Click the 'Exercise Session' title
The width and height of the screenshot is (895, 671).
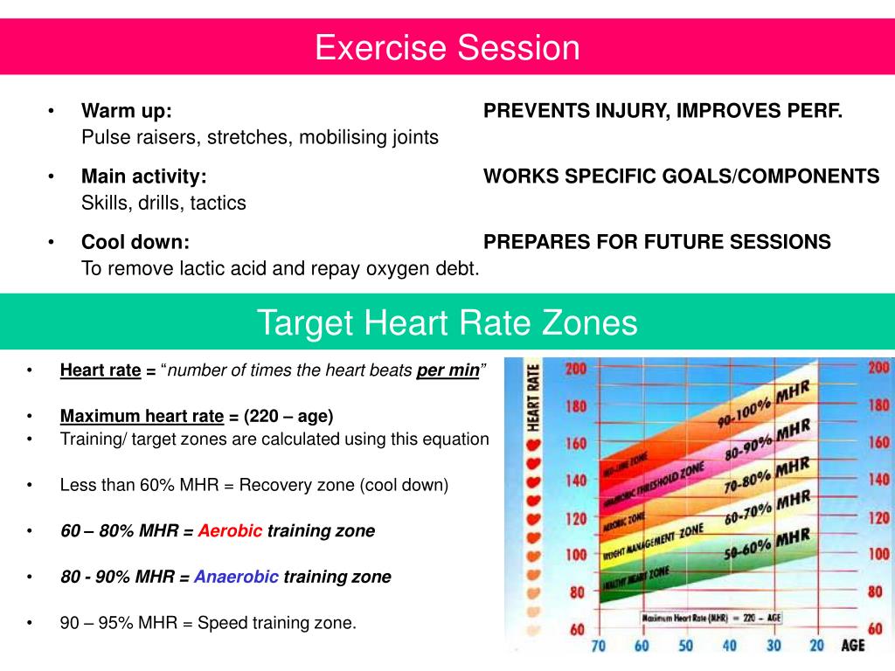[x=447, y=47]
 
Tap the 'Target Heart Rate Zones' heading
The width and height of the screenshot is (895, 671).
[x=447, y=323]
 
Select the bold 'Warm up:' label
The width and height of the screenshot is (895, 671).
[x=126, y=111]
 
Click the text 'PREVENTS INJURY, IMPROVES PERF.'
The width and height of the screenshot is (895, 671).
[x=663, y=111]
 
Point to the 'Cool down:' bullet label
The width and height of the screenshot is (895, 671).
[x=135, y=242]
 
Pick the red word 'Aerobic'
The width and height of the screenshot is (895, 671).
[x=230, y=530]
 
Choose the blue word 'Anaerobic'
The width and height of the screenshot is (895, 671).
[x=236, y=577]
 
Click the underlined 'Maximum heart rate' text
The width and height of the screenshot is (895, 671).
[x=142, y=416]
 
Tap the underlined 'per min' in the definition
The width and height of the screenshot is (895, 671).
[x=447, y=370]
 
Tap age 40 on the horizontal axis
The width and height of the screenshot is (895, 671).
[x=729, y=646]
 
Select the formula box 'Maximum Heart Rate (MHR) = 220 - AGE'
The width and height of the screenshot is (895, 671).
[x=712, y=617]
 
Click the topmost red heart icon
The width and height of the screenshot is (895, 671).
[x=534, y=443]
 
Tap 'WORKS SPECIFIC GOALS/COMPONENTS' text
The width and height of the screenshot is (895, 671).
[x=682, y=176]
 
